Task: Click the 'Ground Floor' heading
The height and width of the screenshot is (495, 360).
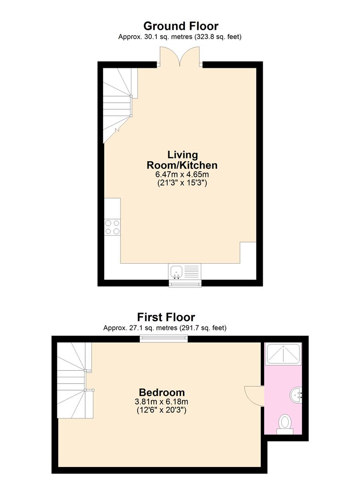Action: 181,26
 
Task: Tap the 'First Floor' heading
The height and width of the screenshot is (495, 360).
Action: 166,317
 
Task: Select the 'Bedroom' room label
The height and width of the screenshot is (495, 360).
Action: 162,392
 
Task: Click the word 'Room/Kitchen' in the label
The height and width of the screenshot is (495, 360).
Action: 182,165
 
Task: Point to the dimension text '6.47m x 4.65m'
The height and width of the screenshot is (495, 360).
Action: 182,174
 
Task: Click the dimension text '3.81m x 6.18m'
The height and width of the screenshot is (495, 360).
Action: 161,402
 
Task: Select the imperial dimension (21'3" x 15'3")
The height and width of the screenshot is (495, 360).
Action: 182,183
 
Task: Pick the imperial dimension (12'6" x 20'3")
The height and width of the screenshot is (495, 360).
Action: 161,410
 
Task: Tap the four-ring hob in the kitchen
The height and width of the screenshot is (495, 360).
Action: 112,227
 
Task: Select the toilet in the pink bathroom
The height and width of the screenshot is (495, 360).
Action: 285,424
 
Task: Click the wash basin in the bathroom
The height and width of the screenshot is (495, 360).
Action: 296,395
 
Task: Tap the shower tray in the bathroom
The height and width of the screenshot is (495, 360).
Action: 283,354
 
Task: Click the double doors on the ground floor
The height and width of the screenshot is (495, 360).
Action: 180,57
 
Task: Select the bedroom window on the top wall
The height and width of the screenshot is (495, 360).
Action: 164,339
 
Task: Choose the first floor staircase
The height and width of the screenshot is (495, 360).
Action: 75,380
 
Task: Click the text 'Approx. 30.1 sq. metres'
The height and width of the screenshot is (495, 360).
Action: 155,37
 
